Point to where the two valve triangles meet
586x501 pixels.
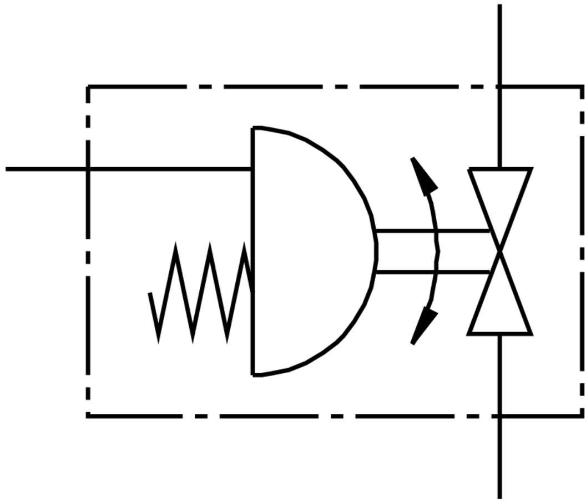500,252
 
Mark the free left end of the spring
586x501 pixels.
150,293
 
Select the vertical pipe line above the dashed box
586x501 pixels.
500,44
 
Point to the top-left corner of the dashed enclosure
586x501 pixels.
88,87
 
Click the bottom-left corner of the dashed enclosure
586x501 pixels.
88,415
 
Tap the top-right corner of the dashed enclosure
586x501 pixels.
582,87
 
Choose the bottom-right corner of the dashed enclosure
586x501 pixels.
582,415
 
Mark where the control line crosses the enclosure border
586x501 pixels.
88,168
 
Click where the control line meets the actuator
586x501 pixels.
253,168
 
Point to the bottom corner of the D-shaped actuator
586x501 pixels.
254,375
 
